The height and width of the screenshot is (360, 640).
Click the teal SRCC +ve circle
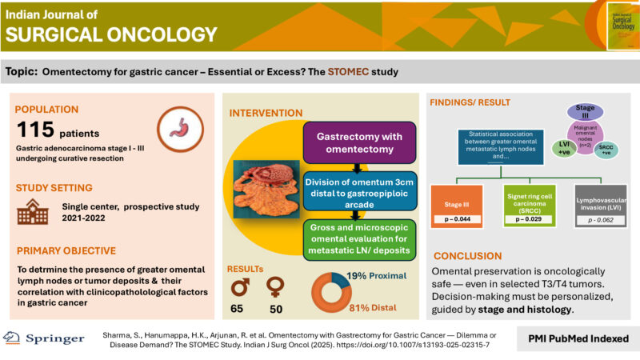pyautogui.click(x=610, y=150)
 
